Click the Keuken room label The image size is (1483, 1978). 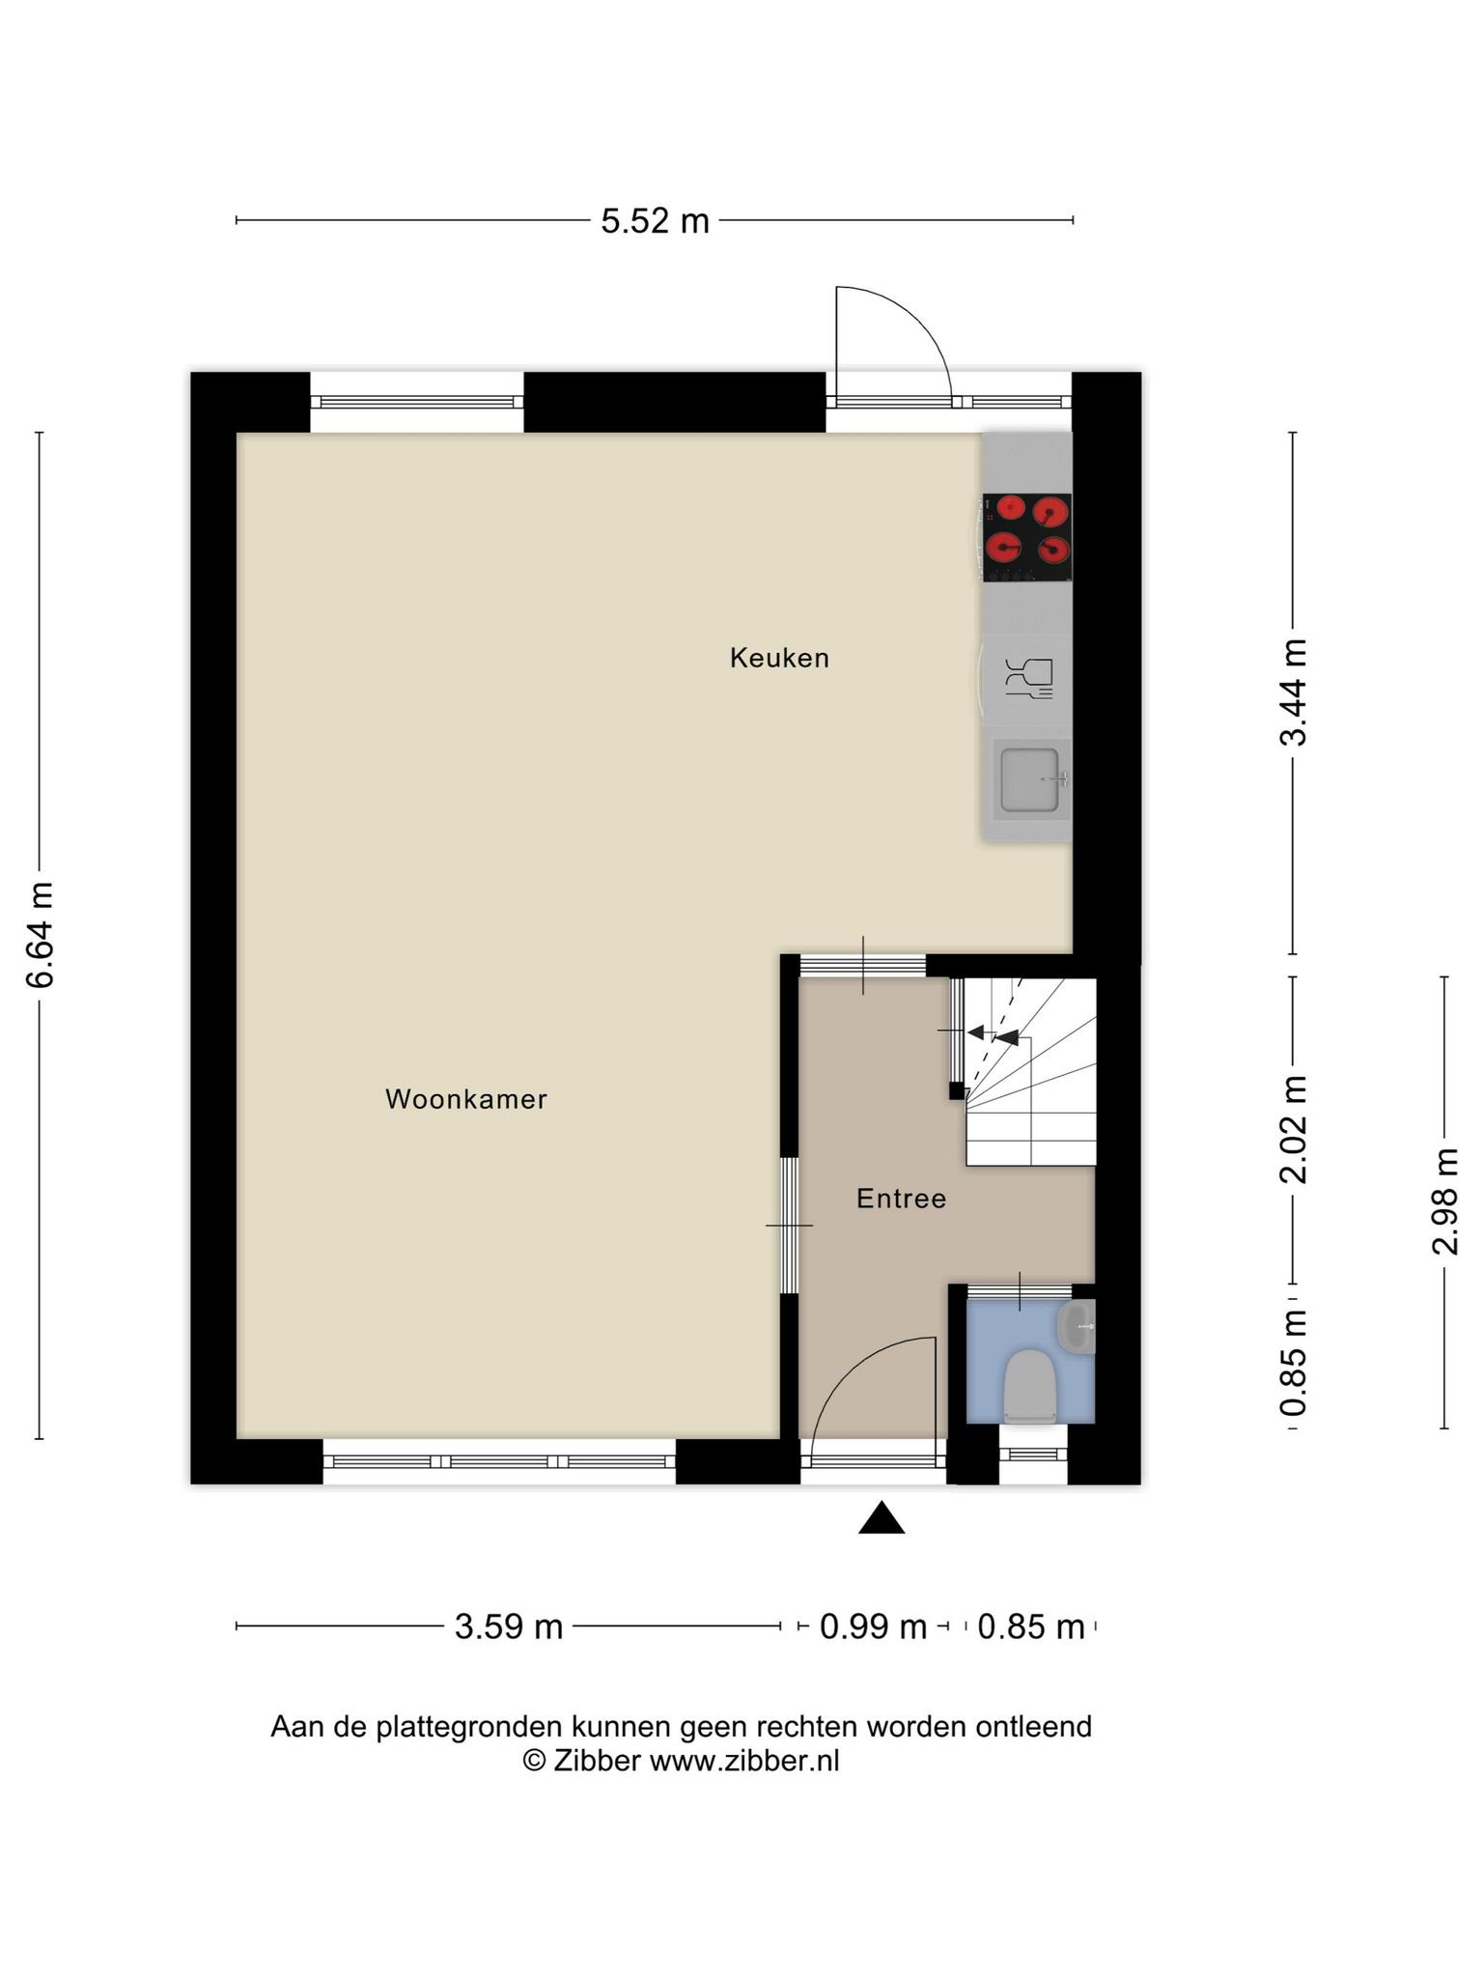click(x=779, y=659)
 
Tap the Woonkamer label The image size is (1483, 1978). click(x=466, y=1099)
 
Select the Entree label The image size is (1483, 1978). click(x=901, y=1199)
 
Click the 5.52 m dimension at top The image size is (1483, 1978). click(x=655, y=221)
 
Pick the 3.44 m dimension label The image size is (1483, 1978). click(x=1294, y=692)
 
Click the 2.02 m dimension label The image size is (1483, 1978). click(x=1294, y=1129)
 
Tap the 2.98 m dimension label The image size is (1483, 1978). click(x=1445, y=1201)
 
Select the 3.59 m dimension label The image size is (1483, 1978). click(x=509, y=1627)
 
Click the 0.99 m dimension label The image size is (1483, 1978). click(x=873, y=1627)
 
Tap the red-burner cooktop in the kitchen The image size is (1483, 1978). click(x=1027, y=537)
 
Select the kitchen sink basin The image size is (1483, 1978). click(x=1030, y=779)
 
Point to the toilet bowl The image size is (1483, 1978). click(x=1030, y=1387)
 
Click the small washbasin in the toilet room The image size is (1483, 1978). click(x=1077, y=1326)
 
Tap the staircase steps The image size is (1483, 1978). click(x=1031, y=1072)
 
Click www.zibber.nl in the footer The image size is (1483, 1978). click(x=743, y=1761)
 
